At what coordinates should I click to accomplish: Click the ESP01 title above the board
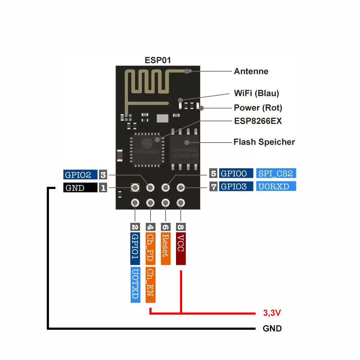[x=158, y=60]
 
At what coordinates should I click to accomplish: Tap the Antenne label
[x=251, y=71]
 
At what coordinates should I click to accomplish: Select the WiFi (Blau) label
[x=256, y=93]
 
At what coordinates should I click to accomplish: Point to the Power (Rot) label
[x=258, y=108]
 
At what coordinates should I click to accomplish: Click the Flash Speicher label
[x=264, y=142]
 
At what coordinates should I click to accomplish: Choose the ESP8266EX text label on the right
[x=258, y=121]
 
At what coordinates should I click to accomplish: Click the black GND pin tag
[x=80, y=188]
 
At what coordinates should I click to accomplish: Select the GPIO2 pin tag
[x=80, y=175]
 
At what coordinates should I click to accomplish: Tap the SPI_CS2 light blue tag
[x=276, y=174]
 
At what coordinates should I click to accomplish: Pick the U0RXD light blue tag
[x=276, y=186]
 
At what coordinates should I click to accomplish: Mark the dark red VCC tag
[x=181, y=248]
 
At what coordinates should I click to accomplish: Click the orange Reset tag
[x=165, y=248]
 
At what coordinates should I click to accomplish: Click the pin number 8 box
[x=181, y=227]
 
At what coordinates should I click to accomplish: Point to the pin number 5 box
[x=213, y=174]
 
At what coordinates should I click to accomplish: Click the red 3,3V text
[x=272, y=313]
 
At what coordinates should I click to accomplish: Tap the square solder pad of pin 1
[x=135, y=188]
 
